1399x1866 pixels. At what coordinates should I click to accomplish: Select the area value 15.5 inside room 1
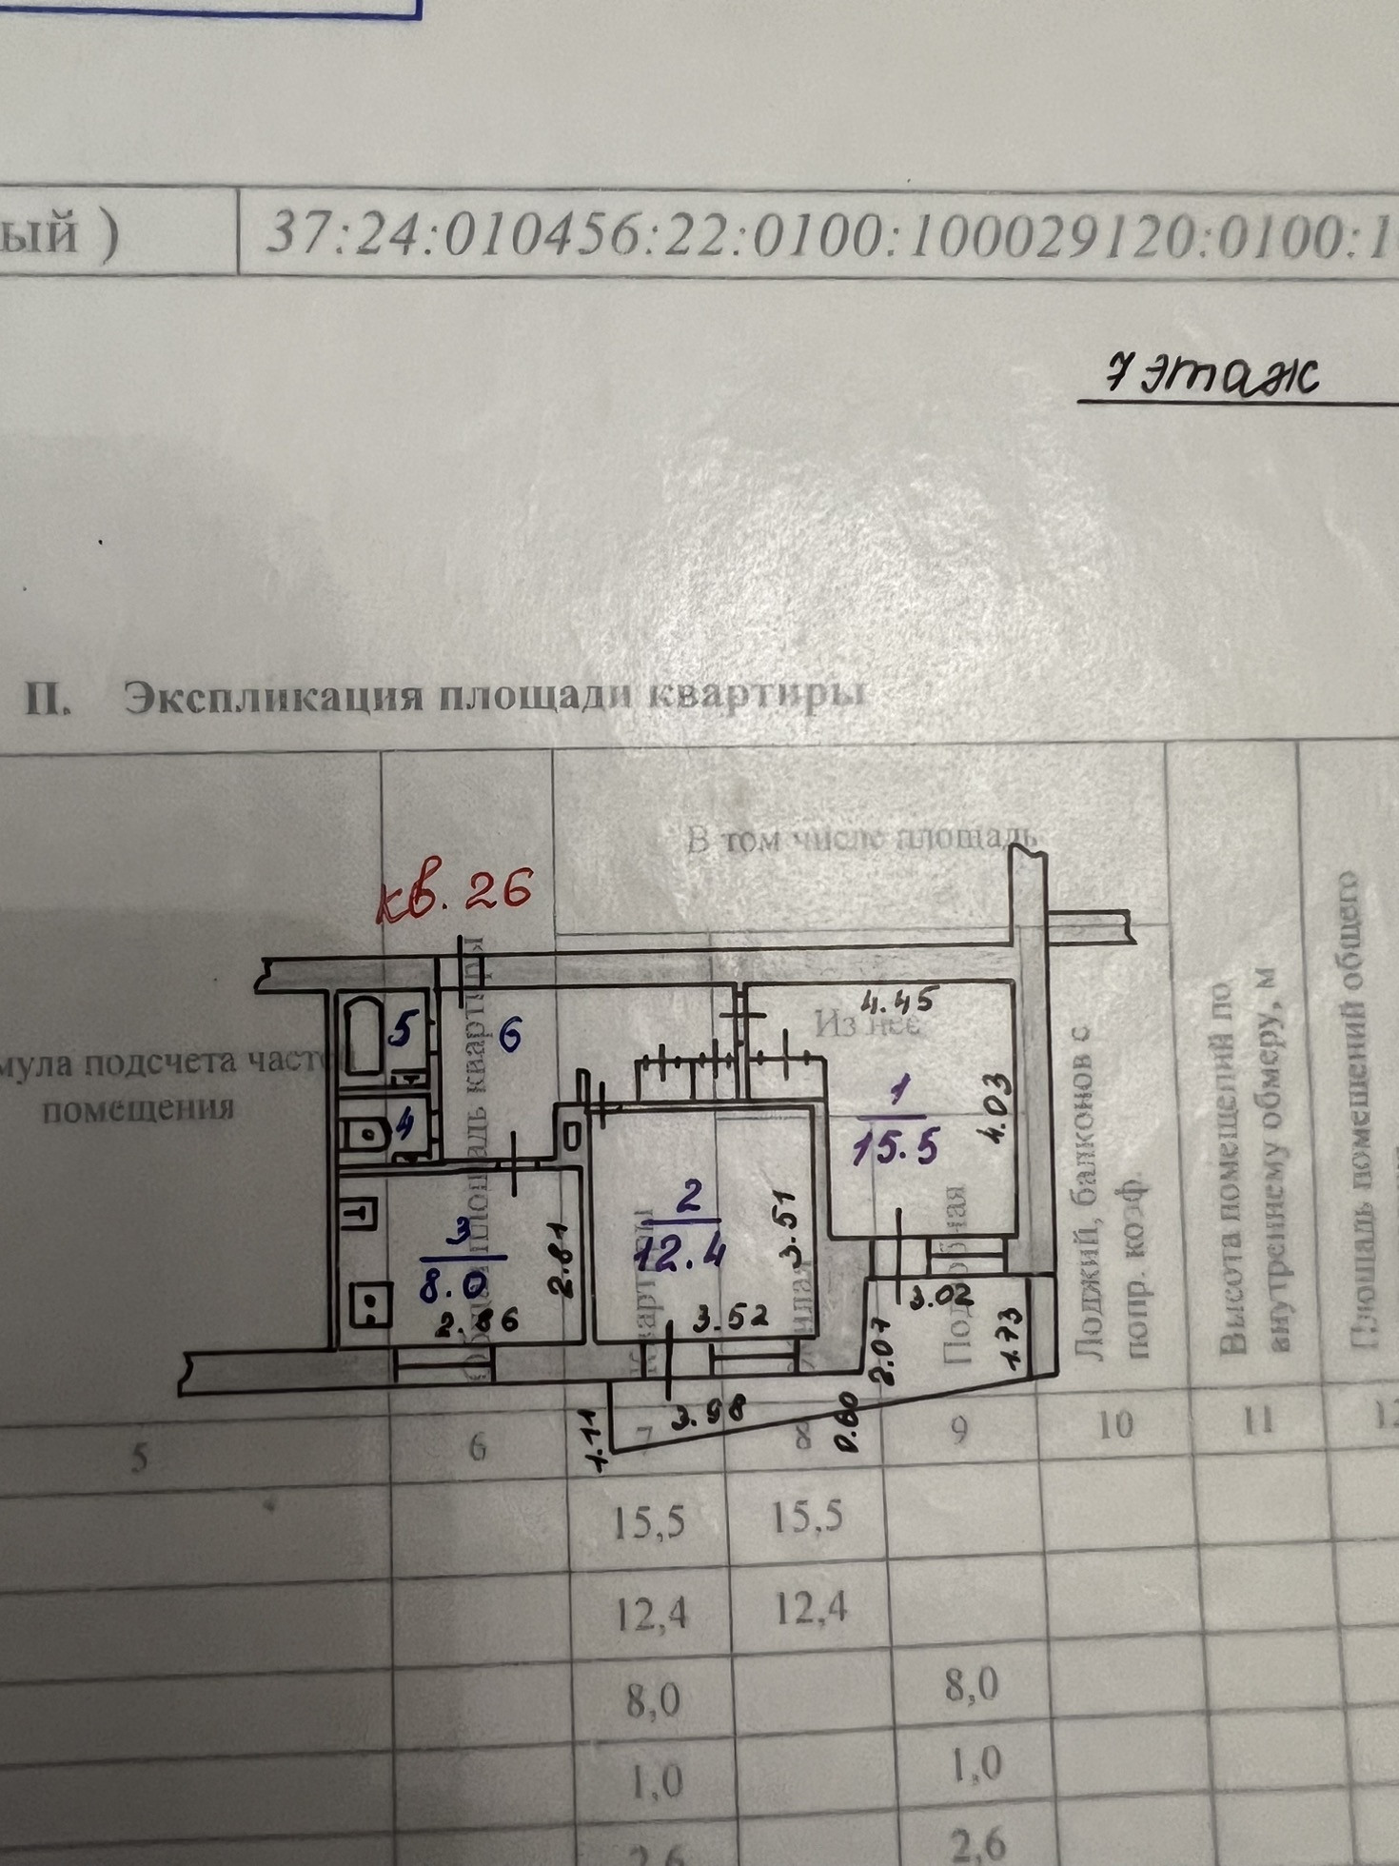(x=894, y=1149)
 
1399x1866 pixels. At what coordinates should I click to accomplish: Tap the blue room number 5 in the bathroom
(x=404, y=1030)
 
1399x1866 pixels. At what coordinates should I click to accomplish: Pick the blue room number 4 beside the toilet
(x=404, y=1125)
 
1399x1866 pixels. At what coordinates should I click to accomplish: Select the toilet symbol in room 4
(x=364, y=1133)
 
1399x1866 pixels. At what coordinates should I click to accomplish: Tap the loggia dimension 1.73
(x=1012, y=1340)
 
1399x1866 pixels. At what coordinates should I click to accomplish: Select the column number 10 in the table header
(x=1115, y=1425)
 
